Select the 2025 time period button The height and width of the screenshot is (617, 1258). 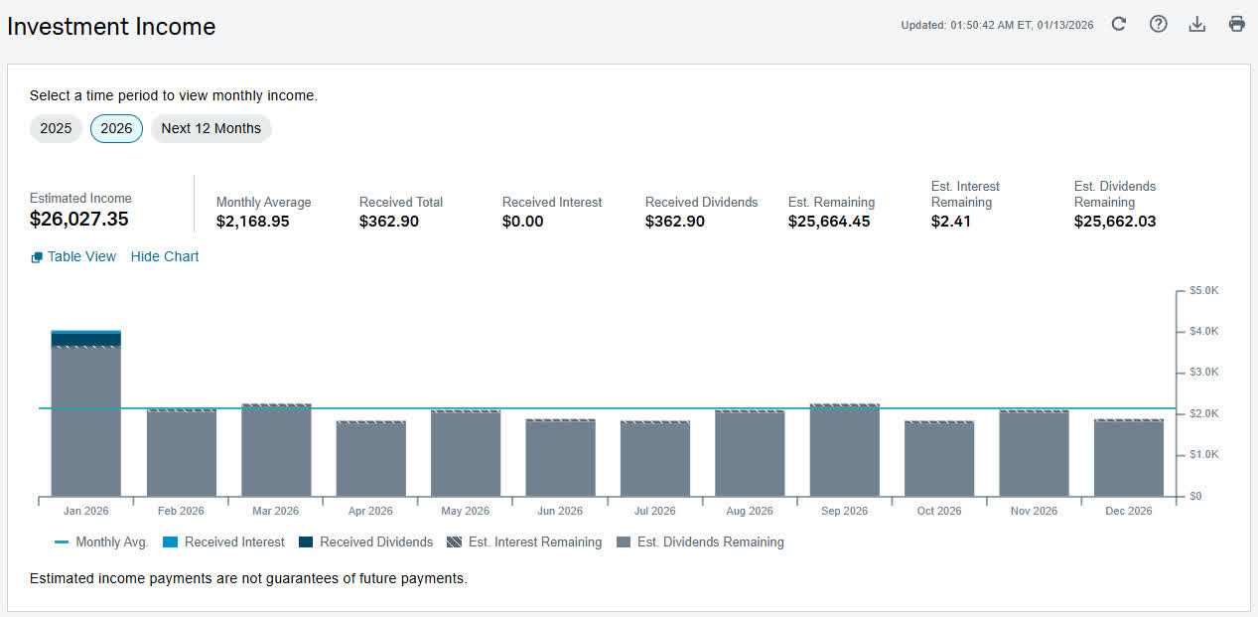click(x=56, y=129)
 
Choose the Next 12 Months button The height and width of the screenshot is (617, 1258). click(x=211, y=129)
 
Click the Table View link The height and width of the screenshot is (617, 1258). click(x=73, y=256)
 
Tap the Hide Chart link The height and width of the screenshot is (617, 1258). click(x=165, y=256)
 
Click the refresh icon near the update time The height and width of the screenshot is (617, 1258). click(x=1119, y=24)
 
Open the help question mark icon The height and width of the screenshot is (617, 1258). click(x=1158, y=24)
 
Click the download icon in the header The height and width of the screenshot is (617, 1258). click(x=1197, y=24)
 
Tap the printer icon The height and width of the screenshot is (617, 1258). click(x=1237, y=24)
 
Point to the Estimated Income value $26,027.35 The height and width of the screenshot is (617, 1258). click(x=79, y=220)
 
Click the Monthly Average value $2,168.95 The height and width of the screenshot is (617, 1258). click(x=253, y=222)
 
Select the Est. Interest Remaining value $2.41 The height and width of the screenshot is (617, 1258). click(x=951, y=222)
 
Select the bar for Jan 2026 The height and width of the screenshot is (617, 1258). click(x=86, y=413)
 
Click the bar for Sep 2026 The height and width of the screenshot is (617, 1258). click(x=845, y=450)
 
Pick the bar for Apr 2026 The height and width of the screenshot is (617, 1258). click(x=370, y=459)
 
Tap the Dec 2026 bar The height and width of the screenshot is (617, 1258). click(x=1129, y=458)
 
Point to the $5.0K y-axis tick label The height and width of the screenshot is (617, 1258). click(x=1204, y=290)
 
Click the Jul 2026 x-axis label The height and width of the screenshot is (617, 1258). click(x=655, y=511)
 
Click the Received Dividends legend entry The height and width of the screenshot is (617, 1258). click(x=366, y=542)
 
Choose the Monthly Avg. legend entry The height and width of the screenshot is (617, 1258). click(x=101, y=542)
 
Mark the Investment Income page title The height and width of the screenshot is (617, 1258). click(x=111, y=27)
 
